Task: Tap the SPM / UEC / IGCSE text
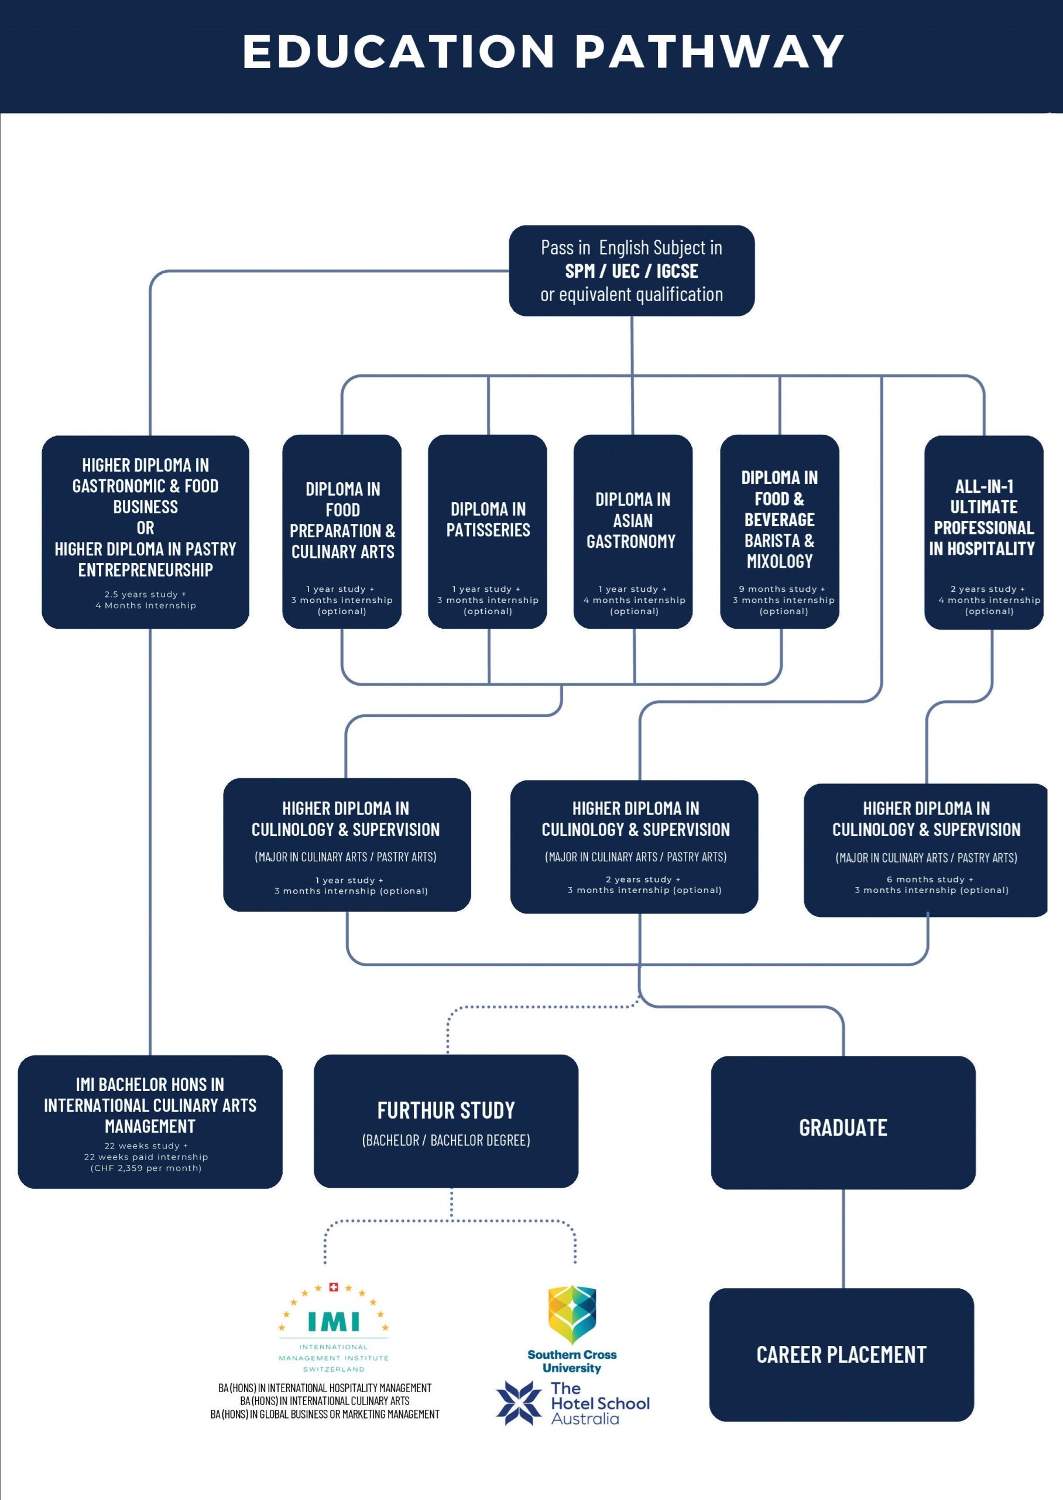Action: (631, 271)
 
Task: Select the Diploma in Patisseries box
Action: (488, 531)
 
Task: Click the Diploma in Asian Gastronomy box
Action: (632, 531)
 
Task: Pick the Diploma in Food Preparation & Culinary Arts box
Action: (342, 531)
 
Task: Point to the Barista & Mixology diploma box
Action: (779, 531)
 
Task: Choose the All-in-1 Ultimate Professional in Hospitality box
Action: (983, 531)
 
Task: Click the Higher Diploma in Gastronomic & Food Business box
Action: (145, 531)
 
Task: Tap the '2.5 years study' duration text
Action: (145, 595)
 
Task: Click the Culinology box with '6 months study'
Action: (925, 849)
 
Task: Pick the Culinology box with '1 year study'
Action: (347, 844)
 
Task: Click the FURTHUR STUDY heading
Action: (446, 1110)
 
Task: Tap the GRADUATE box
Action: (843, 1127)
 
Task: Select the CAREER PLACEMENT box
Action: (841, 1354)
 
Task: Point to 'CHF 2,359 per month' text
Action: (146, 1168)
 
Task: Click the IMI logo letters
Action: (333, 1321)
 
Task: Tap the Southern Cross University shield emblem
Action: (571, 1312)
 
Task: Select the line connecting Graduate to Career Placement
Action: (843, 1238)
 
